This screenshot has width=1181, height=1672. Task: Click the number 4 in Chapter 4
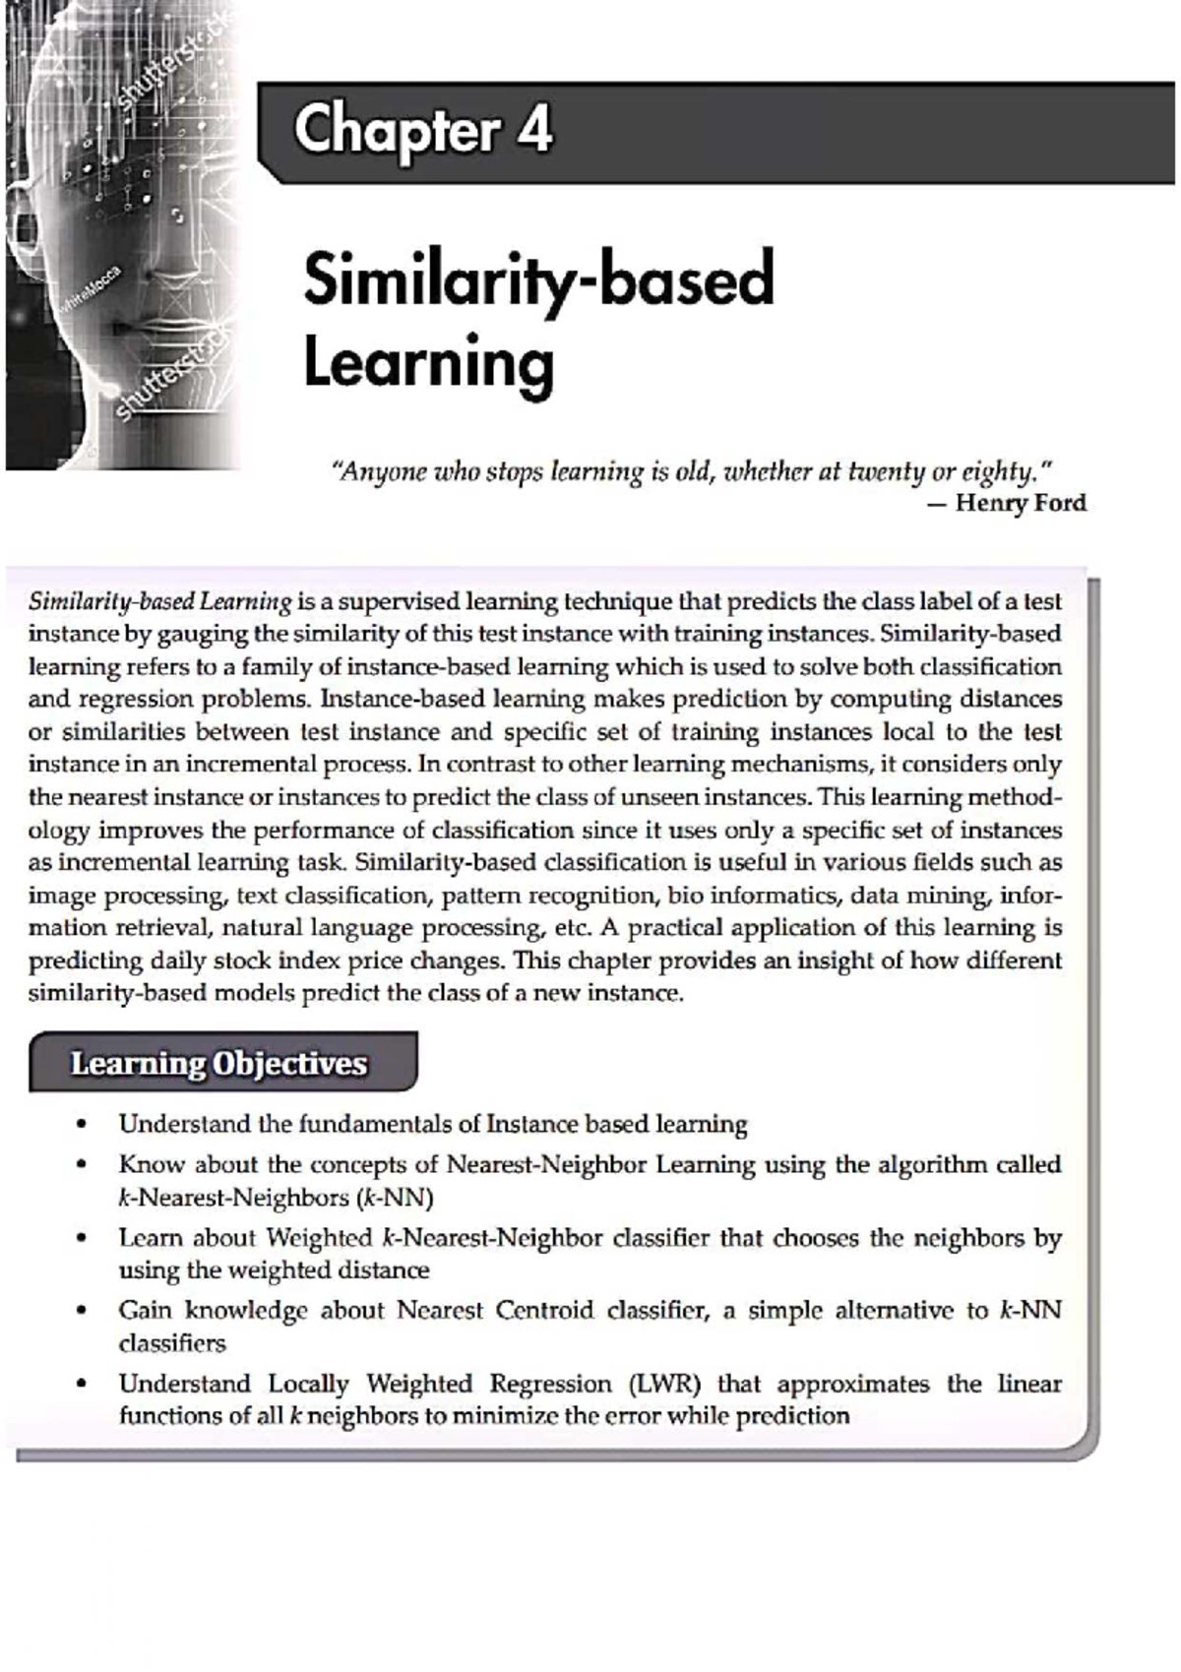535,130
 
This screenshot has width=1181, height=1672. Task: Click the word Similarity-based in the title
538,281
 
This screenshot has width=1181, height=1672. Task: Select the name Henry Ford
1021,503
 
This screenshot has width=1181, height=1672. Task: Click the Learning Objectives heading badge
221,1063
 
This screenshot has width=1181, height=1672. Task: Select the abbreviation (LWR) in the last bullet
664,1384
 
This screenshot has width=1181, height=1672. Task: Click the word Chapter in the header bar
396,132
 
